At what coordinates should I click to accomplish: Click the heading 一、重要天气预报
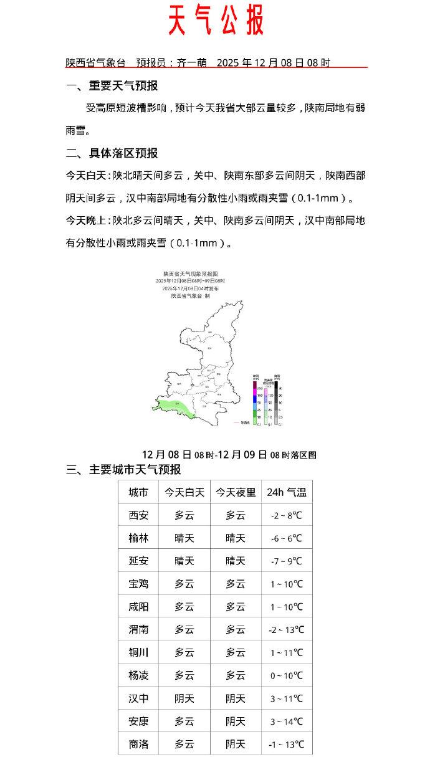coord(112,86)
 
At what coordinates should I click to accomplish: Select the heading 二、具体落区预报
coord(112,153)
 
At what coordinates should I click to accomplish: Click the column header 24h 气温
coord(286,492)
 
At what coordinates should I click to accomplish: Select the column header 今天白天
coord(184,492)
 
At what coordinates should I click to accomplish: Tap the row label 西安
coord(138,515)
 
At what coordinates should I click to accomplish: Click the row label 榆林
coord(138,538)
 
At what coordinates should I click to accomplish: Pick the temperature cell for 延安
coord(286,561)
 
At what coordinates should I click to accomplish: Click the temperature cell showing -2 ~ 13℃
coord(286,630)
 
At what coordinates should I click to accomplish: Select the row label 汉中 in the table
coord(138,698)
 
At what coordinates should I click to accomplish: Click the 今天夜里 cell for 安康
coord(236,721)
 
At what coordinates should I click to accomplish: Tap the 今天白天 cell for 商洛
coord(184,744)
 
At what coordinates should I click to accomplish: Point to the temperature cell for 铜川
coord(286,653)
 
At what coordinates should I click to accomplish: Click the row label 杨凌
coord(138,675)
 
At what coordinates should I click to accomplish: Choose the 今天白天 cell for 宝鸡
coord(184,584)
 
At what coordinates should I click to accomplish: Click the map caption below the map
coord(229,455)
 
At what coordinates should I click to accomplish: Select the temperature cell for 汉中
coord(286,698)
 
